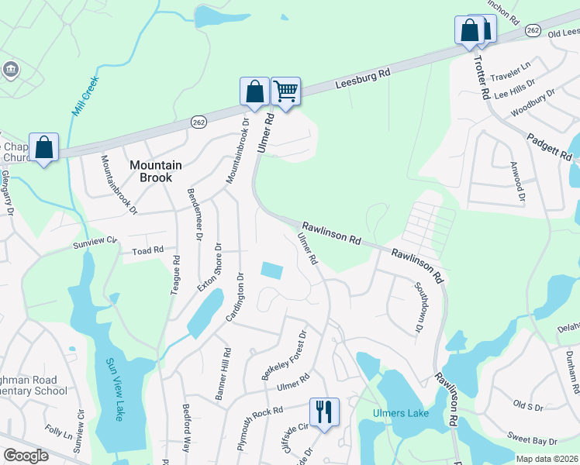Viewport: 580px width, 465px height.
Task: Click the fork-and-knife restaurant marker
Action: coord(323,410)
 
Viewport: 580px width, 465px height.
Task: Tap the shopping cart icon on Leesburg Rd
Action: coord(285,91)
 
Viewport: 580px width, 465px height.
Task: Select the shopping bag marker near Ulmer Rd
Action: coord(254,91)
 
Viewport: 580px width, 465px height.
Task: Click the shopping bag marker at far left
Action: coord(44,147)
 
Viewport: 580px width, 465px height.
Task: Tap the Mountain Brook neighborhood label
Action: coord(156,170)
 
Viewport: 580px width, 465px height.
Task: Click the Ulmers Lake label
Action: coord(400,413)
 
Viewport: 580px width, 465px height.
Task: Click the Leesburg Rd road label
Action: coord(363,77)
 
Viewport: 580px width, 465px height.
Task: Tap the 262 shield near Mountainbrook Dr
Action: coord(199,122)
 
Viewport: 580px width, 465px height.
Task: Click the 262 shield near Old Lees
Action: coord(532,29)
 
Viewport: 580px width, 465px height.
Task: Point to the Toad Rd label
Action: coord(147,250)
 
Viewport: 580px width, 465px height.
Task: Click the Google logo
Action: coord(26,455)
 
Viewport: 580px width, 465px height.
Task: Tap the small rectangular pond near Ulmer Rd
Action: coord(272,270)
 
